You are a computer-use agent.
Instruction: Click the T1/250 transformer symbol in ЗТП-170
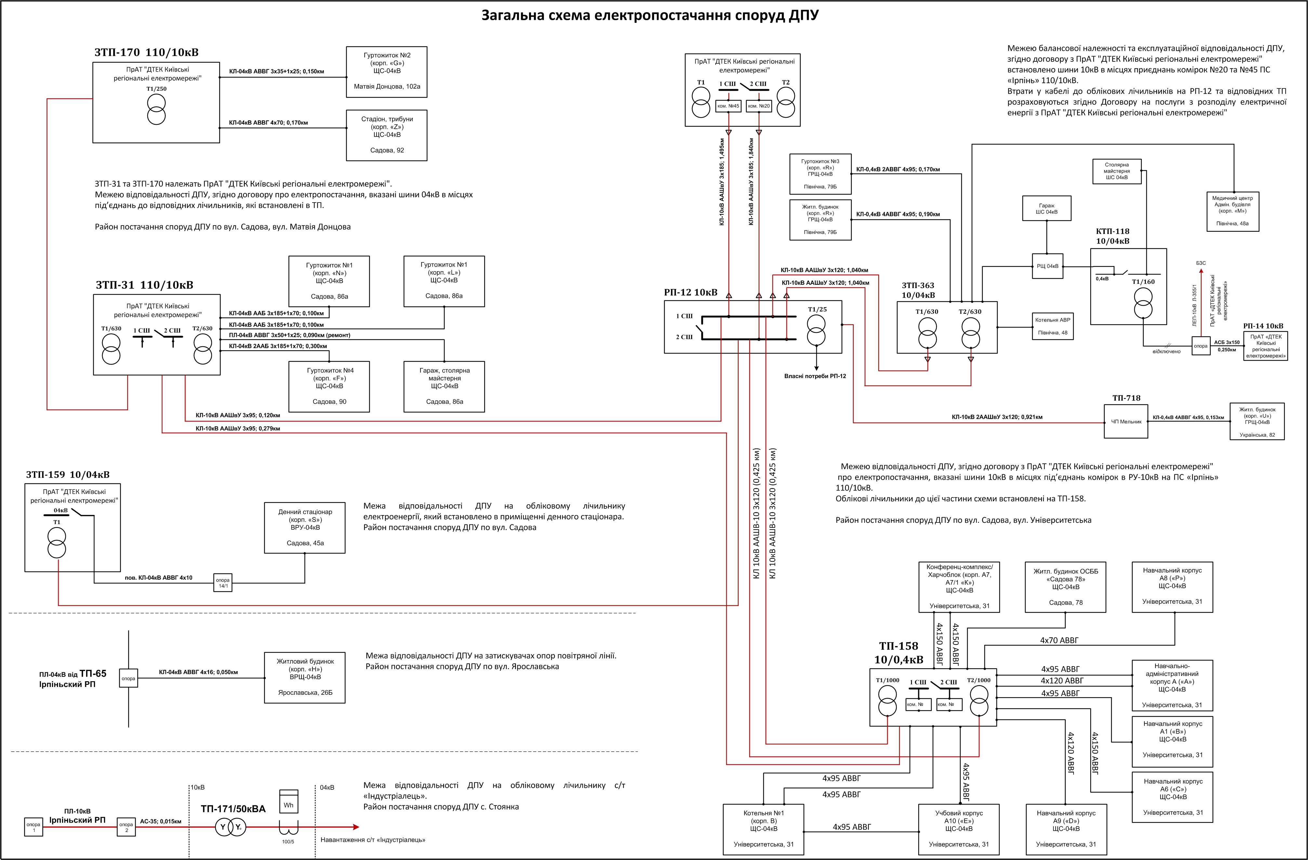[x=156, y=109]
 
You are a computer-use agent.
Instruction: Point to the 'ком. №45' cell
[x=728, y=105]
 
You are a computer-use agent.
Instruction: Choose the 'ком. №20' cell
[x=759, y=105]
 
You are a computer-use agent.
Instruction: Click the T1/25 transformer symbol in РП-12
[x=816, y=330]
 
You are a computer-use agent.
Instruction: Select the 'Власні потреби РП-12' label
[x=815, y=377]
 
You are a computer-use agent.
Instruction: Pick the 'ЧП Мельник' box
[x=1126, y=421]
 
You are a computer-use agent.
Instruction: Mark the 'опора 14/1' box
[x=223, y=583]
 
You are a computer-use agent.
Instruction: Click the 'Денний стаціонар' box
[x=305, y=527]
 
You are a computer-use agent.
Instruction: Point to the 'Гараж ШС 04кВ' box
[x=1046, y=208]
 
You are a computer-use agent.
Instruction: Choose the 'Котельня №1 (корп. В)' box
[x=763, y=829]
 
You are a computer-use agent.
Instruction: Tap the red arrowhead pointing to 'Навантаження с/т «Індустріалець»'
[x=356, y=827]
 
